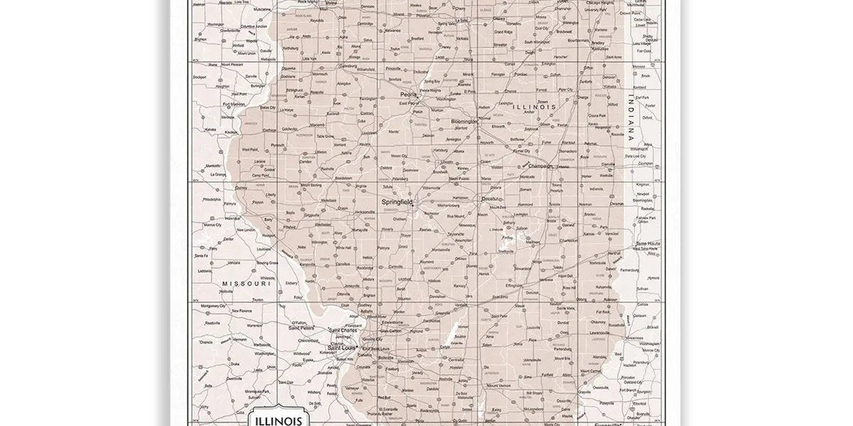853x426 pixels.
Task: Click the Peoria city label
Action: tap(408, 94)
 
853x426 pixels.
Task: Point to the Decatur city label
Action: tap(490, 199)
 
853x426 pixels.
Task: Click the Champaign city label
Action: tap(540, 165)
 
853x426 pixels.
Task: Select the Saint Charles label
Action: tap(344, 330)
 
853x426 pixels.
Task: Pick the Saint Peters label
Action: tap(301, 328)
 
